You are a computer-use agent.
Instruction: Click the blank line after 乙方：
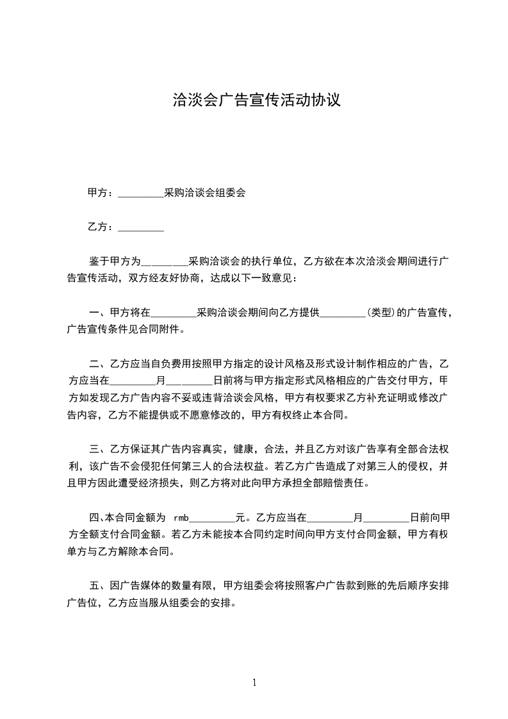click(x=141, y=227)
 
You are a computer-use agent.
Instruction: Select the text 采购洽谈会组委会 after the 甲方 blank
click(x=205, y=192)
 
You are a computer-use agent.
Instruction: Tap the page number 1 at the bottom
click(x=254, y=682)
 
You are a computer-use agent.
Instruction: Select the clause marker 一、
click(x=99, y=313)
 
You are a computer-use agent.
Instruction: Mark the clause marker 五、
click(x=99, y=585)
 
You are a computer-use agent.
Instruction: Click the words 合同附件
click(x=160, y=331)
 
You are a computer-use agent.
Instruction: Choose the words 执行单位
click(x=269, y=261)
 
